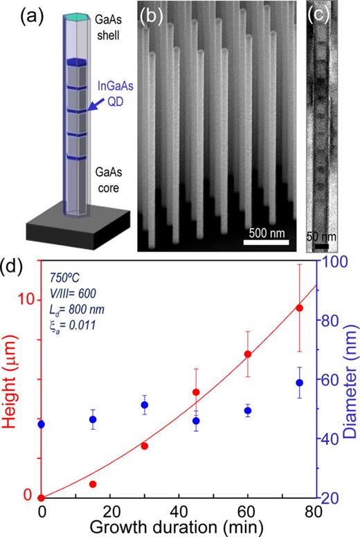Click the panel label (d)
coord(16,267)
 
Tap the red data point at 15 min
coord(93,484)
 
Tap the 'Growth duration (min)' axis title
coord(179,527)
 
